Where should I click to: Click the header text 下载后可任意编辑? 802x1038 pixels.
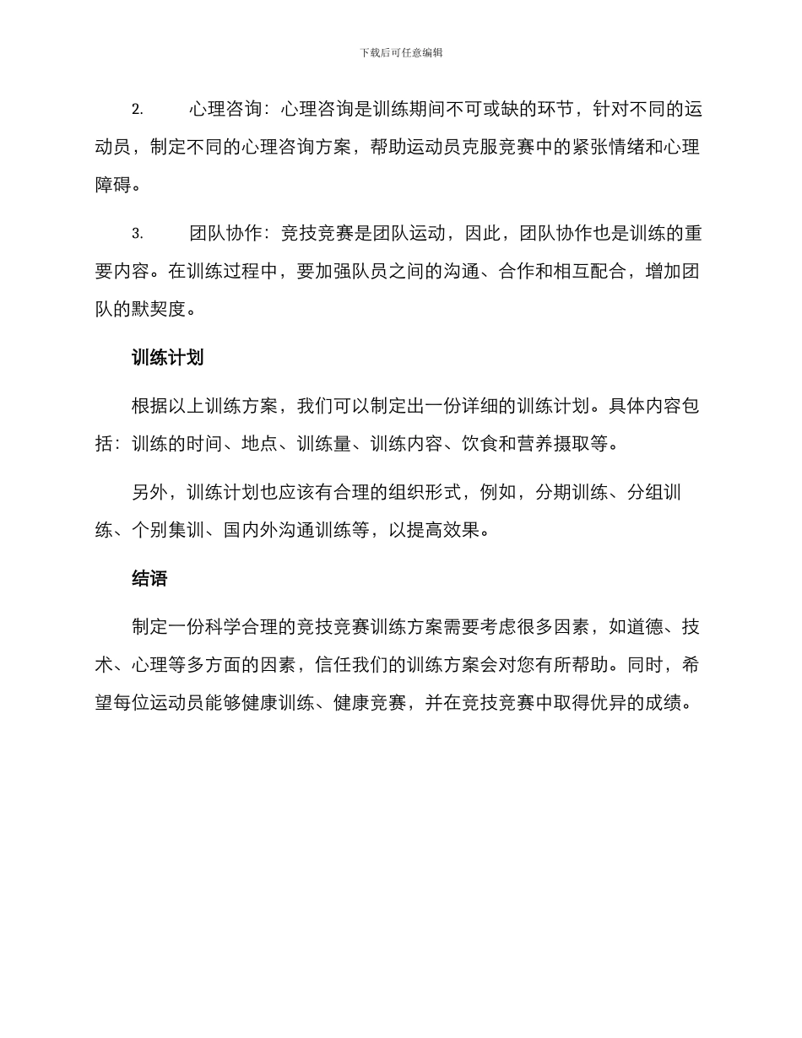(x=401, y=52)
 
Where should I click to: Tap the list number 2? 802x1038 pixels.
(x=137, y=111)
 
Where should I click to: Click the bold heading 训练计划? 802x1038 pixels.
(x=168, y=358)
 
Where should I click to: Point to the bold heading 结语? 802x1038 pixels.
(x=149, y=578)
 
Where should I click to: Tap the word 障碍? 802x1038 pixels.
(x=113, y=185)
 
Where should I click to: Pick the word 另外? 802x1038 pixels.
(x=149, y=493)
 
